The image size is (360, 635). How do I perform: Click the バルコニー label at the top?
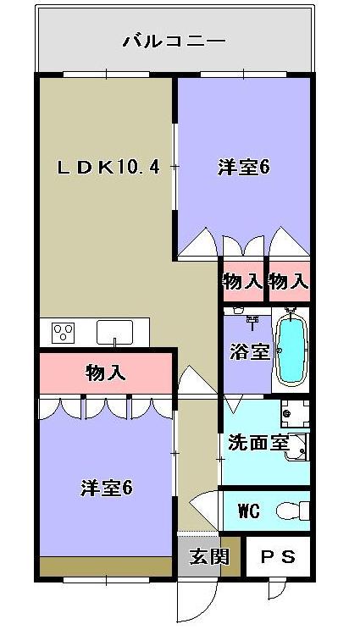click(x=174, y=40)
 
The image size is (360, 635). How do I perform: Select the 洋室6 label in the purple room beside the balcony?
click(x=243, y=168)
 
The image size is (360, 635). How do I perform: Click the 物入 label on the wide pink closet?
click(x=106, y=372)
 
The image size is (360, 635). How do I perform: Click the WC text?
click(x=248, y=511)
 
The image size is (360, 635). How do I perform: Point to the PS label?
click(x=277, y=557)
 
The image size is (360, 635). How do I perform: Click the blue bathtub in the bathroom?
click(x=291, y=351)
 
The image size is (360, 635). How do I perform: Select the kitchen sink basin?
click(x=113, y=332)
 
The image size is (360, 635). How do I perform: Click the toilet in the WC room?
click(x=295, y=511)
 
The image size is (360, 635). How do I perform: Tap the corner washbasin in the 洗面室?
click(x=297, y=449)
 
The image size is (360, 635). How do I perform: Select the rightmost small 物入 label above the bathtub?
click(x=288, y=281)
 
